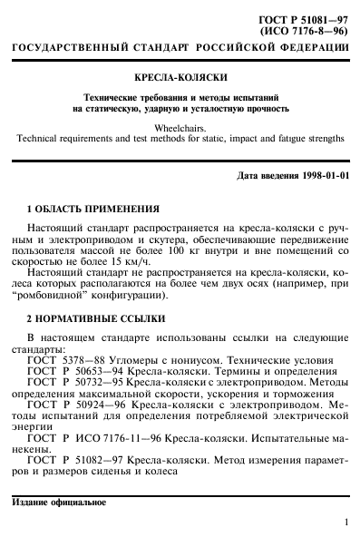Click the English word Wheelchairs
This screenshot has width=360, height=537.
pos(181,128)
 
